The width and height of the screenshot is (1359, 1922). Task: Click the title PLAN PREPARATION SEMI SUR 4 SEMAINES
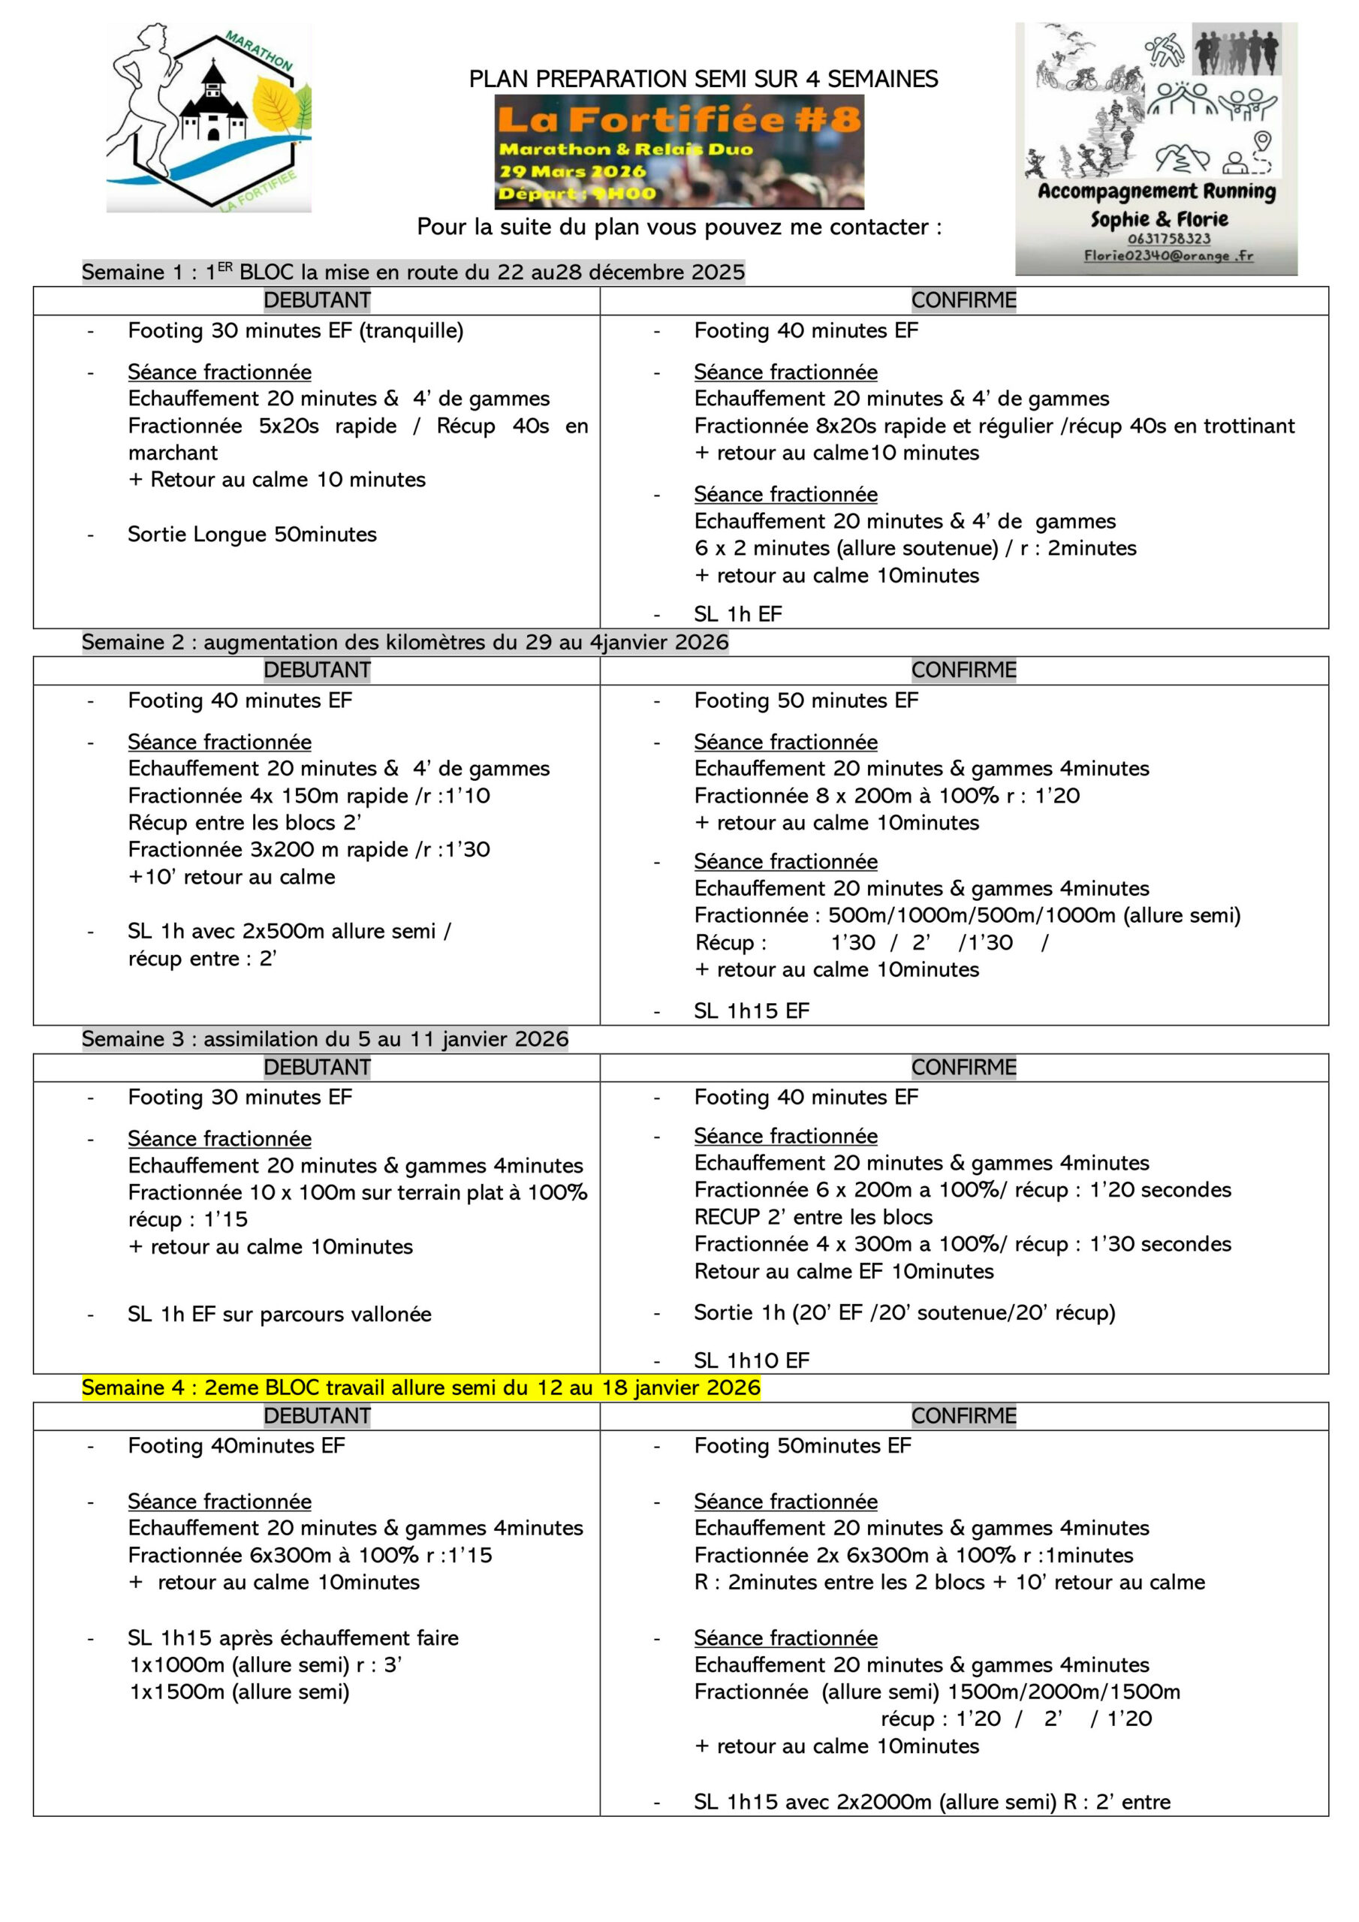703,79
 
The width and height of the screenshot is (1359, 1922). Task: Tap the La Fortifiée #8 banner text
678,119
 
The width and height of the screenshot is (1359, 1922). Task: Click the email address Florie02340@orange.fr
1168,255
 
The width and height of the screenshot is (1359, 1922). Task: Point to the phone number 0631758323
1168,239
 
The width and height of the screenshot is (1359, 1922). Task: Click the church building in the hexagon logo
214,109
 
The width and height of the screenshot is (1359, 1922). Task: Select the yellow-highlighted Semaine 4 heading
420,1387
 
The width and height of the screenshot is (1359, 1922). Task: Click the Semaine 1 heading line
413,272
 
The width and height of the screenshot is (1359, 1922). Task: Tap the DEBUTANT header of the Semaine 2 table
317,670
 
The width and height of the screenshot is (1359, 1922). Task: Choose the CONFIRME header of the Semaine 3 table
963,1068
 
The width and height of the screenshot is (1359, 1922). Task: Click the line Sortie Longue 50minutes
252,534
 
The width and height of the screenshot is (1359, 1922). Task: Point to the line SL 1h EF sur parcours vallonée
279,1315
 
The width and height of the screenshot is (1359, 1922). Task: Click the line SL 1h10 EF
751,1360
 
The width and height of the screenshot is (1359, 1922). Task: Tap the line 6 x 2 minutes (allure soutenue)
915,548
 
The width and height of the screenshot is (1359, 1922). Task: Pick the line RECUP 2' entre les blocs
812,1216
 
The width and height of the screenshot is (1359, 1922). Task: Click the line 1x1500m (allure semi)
240,1692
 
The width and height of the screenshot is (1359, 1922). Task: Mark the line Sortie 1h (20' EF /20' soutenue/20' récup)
904,1312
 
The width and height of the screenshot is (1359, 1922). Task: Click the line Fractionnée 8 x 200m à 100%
886,795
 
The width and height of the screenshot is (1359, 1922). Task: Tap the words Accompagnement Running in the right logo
1156,191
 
